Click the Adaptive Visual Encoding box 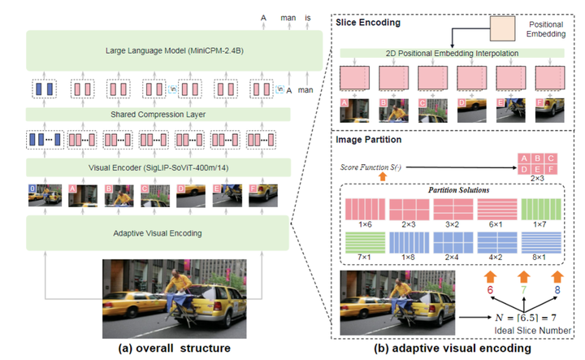[158, 233]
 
